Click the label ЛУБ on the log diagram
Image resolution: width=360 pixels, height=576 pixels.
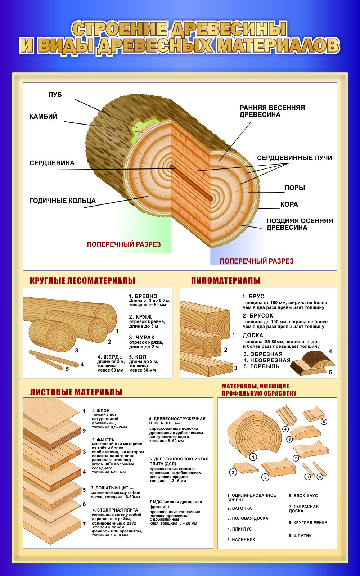coord(55,95)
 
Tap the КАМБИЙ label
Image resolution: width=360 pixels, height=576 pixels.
coord(43,117)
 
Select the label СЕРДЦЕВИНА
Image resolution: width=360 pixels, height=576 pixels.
coord(52,163)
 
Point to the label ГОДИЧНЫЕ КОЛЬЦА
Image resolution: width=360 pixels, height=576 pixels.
coord(62,201)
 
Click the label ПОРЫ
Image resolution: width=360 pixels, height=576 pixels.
coord(294,188)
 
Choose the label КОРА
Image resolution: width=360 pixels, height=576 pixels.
coord(289,204)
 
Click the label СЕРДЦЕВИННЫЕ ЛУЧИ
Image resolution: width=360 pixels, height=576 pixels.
coord(294,158)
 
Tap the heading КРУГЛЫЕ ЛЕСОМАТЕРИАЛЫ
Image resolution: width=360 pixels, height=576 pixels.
coord(82,280)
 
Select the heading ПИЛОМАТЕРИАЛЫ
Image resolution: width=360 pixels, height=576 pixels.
coord(226,280)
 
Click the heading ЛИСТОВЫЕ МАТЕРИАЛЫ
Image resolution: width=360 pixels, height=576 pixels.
coord(76,392)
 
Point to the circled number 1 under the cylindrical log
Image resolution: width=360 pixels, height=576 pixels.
coord(253,457)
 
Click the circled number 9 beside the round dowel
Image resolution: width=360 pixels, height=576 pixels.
coord(320,477)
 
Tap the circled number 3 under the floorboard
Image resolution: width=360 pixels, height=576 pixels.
coord(265,477)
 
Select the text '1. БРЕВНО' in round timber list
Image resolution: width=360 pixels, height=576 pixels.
coord(143,296)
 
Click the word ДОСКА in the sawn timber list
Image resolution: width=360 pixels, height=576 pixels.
coord(253,335)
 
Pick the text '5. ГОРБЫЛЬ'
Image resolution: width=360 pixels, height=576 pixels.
coord(261,366)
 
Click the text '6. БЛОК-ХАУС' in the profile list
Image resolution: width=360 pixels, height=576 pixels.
coord(303,496)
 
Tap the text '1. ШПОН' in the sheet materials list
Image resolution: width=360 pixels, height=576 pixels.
coord(100,411)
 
